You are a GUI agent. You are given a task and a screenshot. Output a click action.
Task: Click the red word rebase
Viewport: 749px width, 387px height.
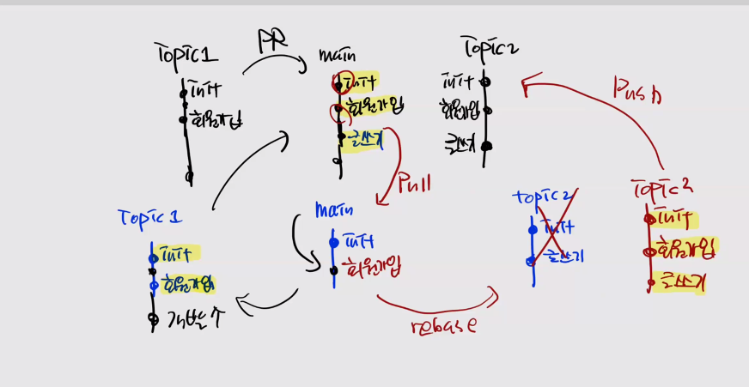pyautogui.click(x=443, y=325)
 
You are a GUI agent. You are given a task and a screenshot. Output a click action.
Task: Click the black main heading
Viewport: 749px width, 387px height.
pyautogui.click(x=338, y=56)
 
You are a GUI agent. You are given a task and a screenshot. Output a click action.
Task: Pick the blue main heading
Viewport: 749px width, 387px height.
pyautogui.click(x=335, y=209)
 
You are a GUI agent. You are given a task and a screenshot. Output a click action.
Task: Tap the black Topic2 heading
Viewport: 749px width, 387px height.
pyautogui.click(x=489, y=47)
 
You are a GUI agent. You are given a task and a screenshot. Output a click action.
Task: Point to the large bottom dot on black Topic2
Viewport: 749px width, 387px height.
pyautogui.click(x=486, y=146)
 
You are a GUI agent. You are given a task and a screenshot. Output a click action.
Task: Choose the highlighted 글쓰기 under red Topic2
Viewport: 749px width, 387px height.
pyautogui.click(x=679, y=281)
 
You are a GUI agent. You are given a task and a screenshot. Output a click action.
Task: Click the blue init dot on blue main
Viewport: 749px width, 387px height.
pyautogui.click(x=334, y=243)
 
